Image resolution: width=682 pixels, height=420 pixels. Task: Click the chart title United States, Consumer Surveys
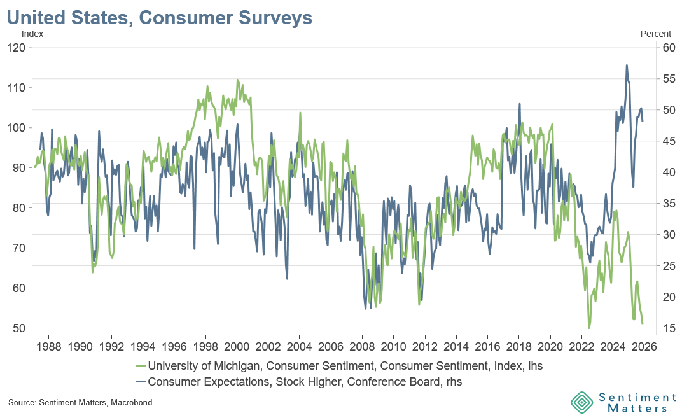(x=160, y=17)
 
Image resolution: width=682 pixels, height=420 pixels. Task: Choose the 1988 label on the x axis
(x=49, y=348)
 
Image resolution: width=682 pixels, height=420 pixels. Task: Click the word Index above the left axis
(x=32, y=34)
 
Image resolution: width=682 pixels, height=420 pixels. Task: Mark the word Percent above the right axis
(x=655, y=34)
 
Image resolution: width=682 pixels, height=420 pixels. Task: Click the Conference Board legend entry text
(x=305, y=382)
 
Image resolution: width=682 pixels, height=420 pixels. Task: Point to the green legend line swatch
(x=141, y=366)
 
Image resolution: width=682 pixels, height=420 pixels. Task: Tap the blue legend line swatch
(x=141, y=382)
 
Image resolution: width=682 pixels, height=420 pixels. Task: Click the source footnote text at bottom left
(x=80, y=403)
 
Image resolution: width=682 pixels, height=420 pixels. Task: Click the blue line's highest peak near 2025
(x=627, y=65)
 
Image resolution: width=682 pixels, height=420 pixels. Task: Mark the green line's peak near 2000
(x=237, y=80)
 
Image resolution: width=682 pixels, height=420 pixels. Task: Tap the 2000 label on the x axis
(x=237, y=348)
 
